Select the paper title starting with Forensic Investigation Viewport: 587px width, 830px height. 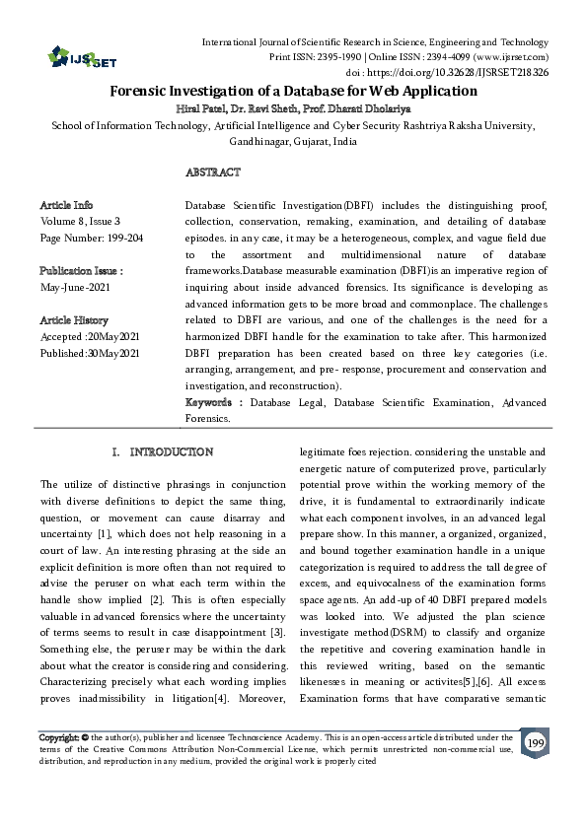click(x=293, y=91)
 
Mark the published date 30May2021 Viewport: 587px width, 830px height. click(x=117, y=353)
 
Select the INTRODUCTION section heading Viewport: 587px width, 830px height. click(x=172, y=451)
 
